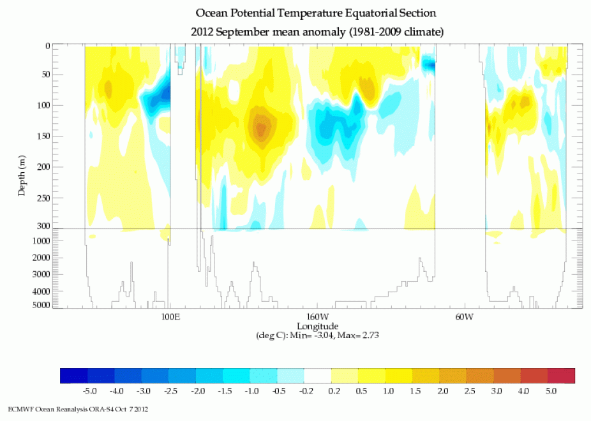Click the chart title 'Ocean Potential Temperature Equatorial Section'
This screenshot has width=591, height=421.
click(317, 13)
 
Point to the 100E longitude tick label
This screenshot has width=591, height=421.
click(170, 317)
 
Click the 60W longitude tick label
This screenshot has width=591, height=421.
click(464, 317)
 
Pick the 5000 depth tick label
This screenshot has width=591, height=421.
click(40, 306)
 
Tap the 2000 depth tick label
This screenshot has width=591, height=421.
click(40, 258)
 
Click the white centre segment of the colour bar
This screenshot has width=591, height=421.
click(317, 375)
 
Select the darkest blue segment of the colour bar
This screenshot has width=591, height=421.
click(73, 375)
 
